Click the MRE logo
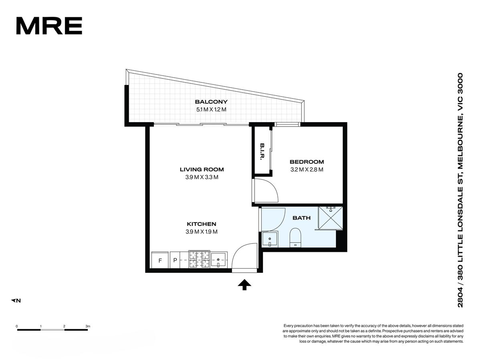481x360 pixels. pos(49,26)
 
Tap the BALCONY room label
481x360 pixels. pos(211,102)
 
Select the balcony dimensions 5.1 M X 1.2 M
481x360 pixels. pos(211,109)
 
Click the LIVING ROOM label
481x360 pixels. pos(202,169)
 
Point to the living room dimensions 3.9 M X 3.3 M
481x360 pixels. pos(202,177)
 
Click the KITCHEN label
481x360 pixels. pos(201,224)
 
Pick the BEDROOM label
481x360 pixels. pos(307,162)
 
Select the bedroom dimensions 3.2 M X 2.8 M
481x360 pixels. pos(307,170)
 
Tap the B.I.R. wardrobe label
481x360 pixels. pos(262,151)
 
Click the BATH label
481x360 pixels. pos(301,218)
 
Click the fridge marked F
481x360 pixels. pos(160,260)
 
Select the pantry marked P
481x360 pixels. pos(175,260)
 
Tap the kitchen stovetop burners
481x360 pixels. pos(199,259)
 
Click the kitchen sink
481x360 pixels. pos(219,260)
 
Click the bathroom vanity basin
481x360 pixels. pos(270,239)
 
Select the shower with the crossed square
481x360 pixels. pos(330,218)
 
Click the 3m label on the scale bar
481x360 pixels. pos(88,326)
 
